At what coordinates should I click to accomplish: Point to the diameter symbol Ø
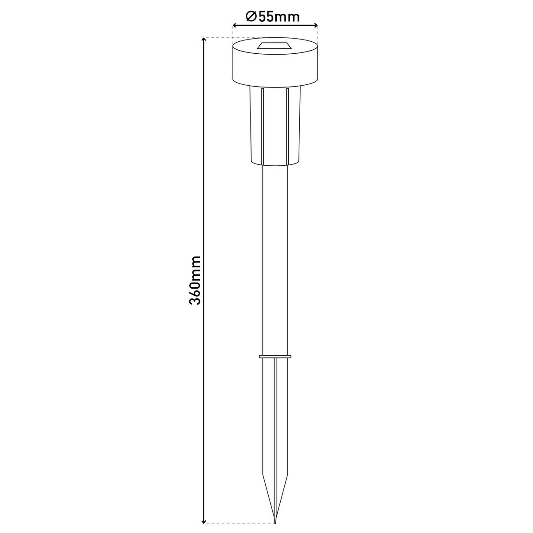coord(250,17)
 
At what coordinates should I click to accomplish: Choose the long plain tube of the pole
coord(275,258)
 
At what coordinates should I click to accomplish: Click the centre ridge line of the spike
coord(275,422)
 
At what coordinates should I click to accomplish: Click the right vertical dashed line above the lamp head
coord(318,33)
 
